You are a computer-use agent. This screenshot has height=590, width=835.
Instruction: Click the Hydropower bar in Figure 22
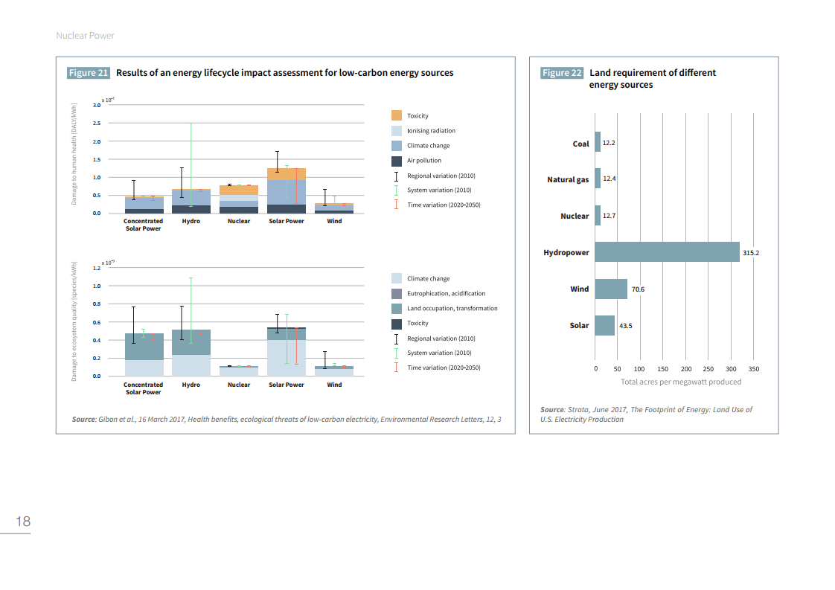pyautogui.click(x=667, y=252)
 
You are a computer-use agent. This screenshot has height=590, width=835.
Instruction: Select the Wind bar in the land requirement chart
pyautogui.click(x=610, y=289)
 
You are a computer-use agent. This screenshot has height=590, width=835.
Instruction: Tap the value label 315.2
pyautogui.click(x=750, y=253)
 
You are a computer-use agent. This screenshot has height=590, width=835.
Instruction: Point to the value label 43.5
pyautogui.click(x=625, y=326)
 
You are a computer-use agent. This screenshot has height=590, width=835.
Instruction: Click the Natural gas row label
pyautogui.click(x=568, y=179)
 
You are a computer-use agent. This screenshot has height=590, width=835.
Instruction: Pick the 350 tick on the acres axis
pyautogui.click(x=754, y=369)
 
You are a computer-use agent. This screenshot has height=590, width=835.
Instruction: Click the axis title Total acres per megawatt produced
pyautogui.click(x=681, y=382)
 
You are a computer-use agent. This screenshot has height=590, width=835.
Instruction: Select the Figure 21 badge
pyautogui.click(x=89, y=73)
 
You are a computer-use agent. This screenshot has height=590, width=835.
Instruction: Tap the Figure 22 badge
pyautogui.click(x=562, y=73)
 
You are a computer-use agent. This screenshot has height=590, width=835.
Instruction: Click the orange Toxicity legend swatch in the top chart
pyautogui.click(x=397, y=115)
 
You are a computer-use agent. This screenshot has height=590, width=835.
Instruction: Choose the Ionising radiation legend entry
pyautogui.click(x=431, y=131)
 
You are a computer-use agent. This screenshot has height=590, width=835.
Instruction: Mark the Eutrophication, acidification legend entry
pyautogui.click(x=446, y=294)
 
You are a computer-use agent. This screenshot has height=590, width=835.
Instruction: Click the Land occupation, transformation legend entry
pyautogui.click(x=452, y=308)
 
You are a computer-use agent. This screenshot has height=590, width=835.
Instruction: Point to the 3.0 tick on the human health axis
pyautogui.click(x=97, y=106)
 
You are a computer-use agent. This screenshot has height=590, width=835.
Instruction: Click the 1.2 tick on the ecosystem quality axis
pyautogui.click(x=97, y=268)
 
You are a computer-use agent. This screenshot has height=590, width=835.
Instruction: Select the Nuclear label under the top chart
pyautogui.click(x=239, y=221)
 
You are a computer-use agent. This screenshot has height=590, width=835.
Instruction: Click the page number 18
pyautogui.click(x=23, y=521)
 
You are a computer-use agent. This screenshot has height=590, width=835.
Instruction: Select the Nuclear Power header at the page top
pyautogui.click(x=85, y=36)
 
